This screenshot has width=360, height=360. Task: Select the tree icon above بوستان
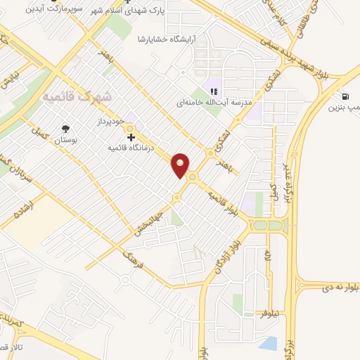tap(65, 129)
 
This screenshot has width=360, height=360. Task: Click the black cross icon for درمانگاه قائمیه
tap(131, 137)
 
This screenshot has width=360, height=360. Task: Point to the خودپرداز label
tap(110, 120)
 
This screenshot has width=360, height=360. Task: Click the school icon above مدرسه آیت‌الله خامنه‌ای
tap(214, 90)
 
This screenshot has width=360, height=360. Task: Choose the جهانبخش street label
tap(150, 221)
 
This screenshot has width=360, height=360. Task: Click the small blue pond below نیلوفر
tap(267, 342)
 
